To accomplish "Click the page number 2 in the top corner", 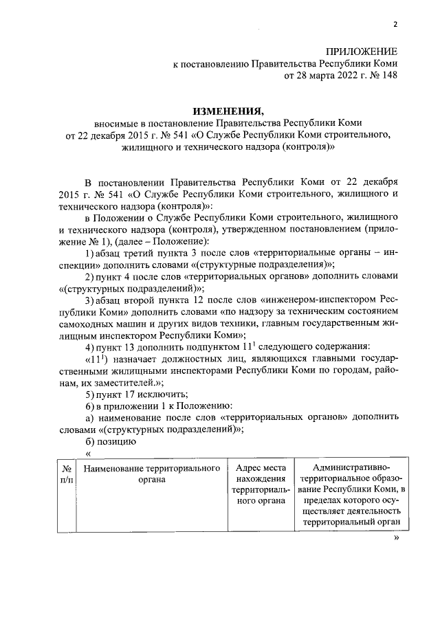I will (x=395, y=25).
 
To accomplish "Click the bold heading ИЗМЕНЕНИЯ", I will (x=228, y=110).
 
